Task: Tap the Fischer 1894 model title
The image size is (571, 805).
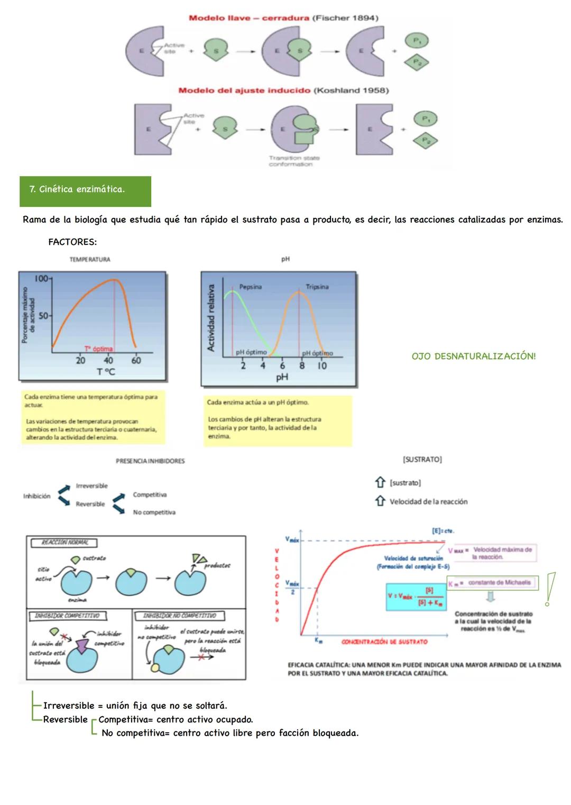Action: (283, 18)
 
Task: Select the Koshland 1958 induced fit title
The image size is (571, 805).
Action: (283, 90)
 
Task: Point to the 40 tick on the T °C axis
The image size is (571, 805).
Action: (108, 361)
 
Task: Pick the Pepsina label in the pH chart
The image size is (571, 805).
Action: (250, 287)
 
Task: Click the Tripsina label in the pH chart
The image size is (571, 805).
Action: (317, 287)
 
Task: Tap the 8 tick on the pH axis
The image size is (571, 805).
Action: (302, 365)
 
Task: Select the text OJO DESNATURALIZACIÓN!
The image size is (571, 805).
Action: (473, 356)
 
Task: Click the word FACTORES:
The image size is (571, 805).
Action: (72, 242)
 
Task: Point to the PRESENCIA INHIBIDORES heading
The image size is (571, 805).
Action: (150, 461)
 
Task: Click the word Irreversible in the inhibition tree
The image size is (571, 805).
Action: (91, 486)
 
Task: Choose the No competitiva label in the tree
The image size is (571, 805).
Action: (154, 512)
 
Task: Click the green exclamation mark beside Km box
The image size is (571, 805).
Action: (550, 588)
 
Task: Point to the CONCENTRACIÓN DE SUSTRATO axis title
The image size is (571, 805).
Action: (384, 642)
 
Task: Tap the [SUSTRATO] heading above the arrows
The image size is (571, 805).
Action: (422, 460)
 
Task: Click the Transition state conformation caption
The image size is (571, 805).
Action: (294, 161)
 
